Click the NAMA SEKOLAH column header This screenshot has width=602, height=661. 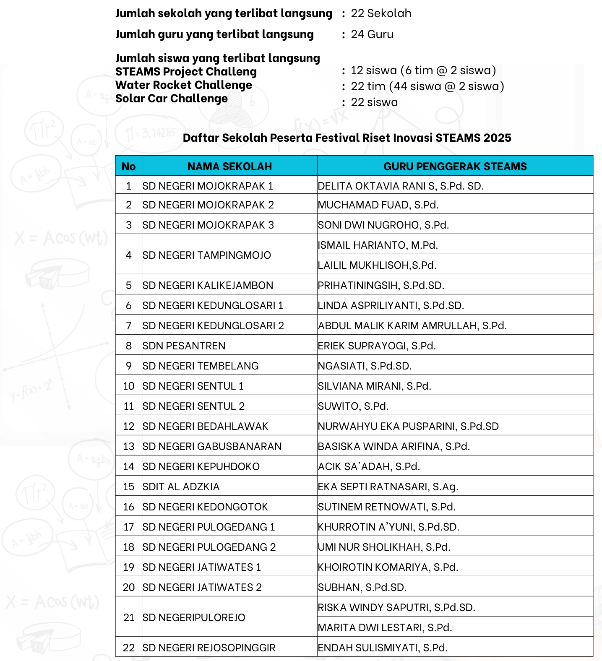(x=229, y=167)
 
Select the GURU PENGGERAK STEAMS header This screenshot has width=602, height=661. (x=455, y=167)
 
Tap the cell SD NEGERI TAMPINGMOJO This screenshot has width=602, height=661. (x=207, y=255)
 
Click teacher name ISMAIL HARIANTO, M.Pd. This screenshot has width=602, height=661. (x=378, y=245)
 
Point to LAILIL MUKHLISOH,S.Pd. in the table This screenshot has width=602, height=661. (x=377, y=265)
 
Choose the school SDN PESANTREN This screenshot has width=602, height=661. (x=184, y=346)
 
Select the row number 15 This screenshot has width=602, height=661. (x=128, y=487)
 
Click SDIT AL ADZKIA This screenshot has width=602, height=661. (x=181, y=487)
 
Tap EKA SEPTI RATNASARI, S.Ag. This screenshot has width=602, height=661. (x=388, y=487)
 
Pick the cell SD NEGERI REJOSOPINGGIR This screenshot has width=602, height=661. (x=209, y=648)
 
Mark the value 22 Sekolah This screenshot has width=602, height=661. (x=381, y=13)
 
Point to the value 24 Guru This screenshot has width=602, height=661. (x=372, y=34)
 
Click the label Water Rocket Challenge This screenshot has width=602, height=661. (x=184, y=85)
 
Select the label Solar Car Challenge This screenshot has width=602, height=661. (x=172, y=99)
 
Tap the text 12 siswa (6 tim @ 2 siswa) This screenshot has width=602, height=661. (x=423, y=70)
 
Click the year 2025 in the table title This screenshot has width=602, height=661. (x=497, y=138)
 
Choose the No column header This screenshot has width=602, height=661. (x=128, y=167)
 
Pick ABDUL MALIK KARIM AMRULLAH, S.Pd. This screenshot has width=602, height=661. (x=412, y=325)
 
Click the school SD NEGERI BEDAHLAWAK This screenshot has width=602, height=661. (x=205, y=426)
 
